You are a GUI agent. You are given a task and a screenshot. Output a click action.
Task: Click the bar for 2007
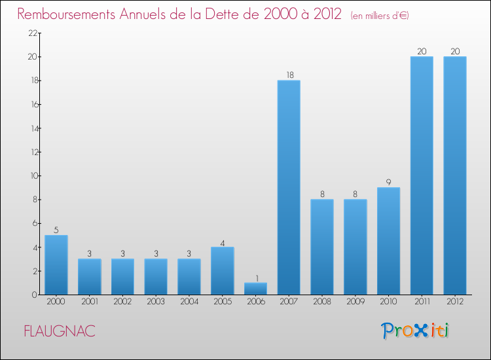coord(289,187)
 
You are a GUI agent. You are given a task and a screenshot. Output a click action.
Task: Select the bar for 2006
coord(255,289)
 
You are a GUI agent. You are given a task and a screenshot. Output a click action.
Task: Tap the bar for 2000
coord(56,264)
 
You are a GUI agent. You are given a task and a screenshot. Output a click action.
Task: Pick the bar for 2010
coord(388,241)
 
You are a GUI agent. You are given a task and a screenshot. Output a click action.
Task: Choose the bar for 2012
coord(455,175)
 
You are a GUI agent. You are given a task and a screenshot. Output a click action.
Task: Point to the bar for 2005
coord(223,270)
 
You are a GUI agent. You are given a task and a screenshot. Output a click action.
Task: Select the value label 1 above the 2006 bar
coord(255,278)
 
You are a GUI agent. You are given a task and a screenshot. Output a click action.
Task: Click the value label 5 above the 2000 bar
coord(56,230)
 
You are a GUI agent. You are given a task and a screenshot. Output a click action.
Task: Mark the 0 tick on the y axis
coord(33,295)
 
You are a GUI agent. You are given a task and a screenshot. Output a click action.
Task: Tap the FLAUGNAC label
coord(60,331)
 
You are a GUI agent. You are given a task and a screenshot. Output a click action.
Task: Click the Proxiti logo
coord(416,331)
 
